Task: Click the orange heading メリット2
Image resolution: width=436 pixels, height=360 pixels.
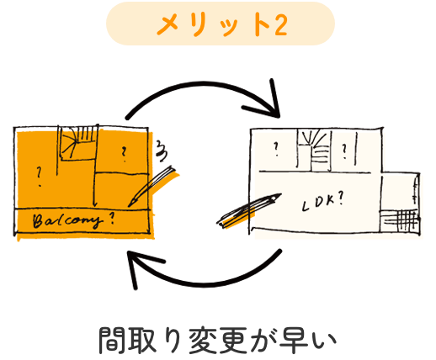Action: (x=222, y=24)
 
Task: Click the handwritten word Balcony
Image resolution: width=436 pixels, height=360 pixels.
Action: (x=66, y=221)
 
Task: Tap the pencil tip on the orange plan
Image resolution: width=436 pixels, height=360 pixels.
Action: (x=130, y=206)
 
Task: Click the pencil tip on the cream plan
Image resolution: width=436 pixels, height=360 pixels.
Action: (x=279, y=195)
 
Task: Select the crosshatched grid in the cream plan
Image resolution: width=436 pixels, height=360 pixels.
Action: (x=401, y=220)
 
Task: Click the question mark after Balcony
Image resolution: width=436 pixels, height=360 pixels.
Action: (x=111, y=219)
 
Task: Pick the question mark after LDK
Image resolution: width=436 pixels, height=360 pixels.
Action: (x=341, y=199)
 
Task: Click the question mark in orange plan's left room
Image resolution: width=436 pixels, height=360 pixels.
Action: (x=39, y=177)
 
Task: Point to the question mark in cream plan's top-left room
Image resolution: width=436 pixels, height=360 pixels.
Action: (x=276, y=149)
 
